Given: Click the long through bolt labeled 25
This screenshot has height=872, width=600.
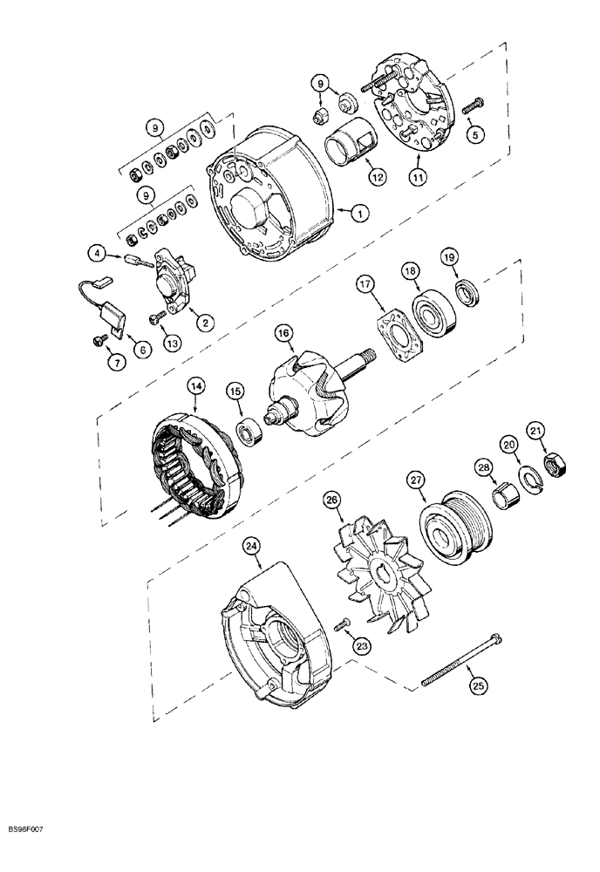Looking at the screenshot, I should coord(461,656).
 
